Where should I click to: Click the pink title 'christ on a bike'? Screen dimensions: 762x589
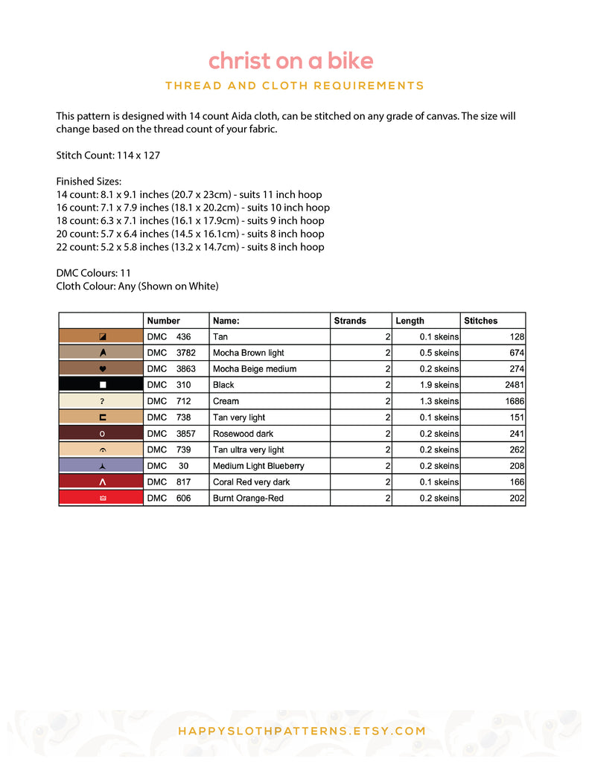[290, 60]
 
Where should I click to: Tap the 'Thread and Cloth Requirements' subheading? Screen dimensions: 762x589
[294, 86]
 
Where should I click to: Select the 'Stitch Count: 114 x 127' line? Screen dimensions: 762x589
[108, 156]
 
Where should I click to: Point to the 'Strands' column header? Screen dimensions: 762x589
[350, 321]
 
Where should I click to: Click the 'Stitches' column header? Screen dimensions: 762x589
[481, 321]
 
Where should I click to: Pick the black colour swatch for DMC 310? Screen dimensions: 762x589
[101, 385]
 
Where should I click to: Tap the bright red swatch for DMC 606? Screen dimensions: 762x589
[101, 498]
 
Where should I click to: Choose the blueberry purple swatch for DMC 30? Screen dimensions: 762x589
[101, 466]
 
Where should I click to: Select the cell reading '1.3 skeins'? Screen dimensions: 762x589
[439, 401]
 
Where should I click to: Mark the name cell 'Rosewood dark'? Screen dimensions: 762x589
[243, 434]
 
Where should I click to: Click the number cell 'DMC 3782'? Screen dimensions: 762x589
[171, 353]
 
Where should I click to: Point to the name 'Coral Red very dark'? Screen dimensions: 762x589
[251, 482]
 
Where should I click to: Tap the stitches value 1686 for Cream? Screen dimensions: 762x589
[512, 401]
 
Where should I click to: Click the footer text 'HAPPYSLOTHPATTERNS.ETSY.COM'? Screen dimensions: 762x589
[302, 731]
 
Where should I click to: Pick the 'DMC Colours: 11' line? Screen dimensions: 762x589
[94, 273]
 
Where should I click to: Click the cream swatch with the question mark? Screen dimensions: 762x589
[101, 401]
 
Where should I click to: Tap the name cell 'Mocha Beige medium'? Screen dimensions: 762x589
[255, 369]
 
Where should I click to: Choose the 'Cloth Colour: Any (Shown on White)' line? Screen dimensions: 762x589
[137, 286]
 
